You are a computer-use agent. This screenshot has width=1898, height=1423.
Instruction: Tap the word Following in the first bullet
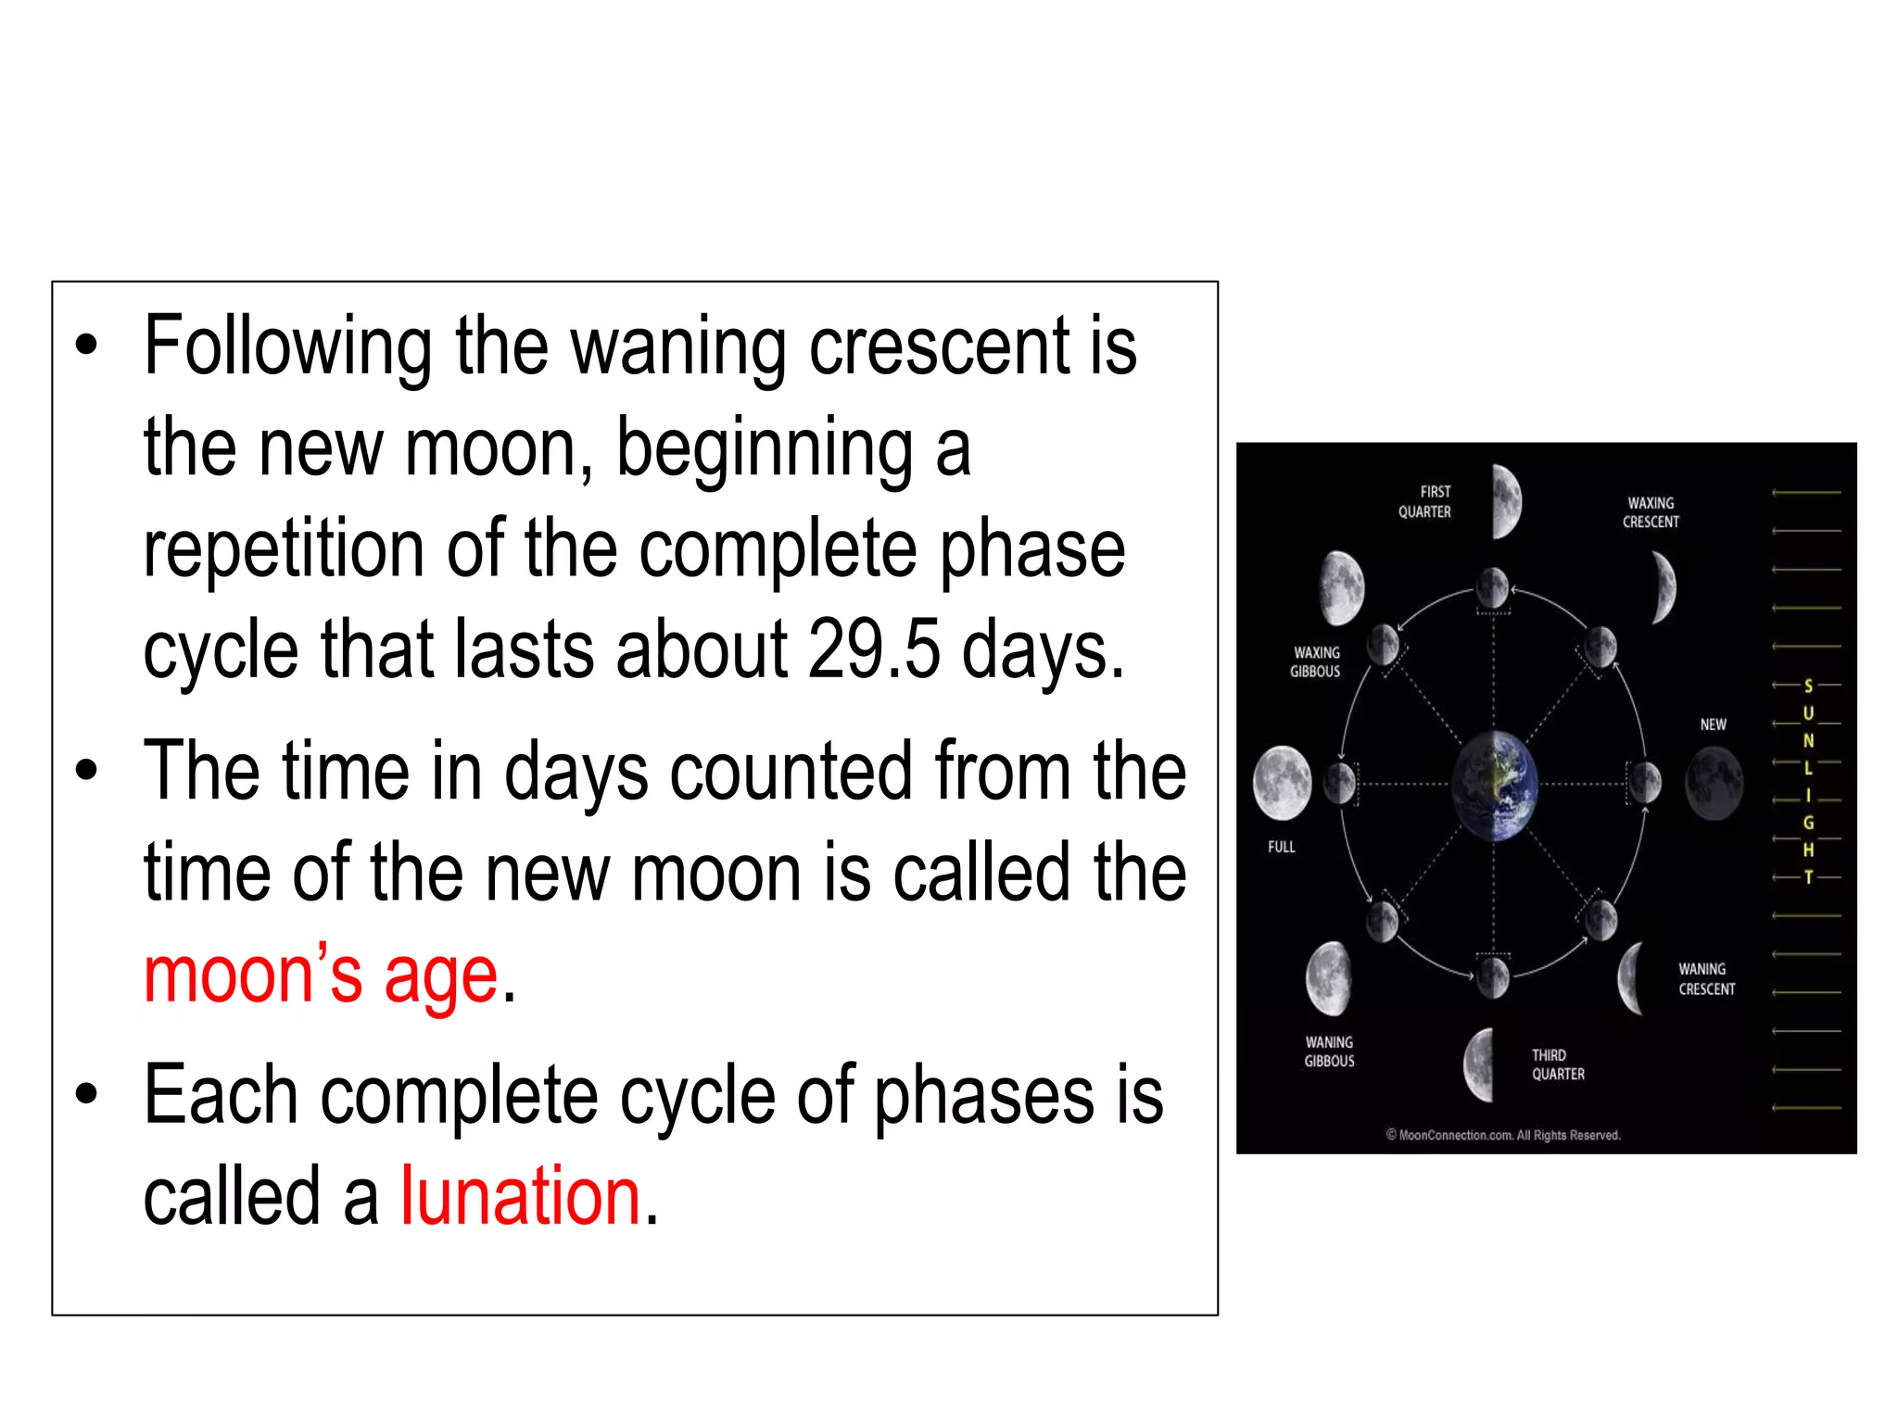point(287,348)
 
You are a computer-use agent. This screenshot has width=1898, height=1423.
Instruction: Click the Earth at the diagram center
point(1494,786)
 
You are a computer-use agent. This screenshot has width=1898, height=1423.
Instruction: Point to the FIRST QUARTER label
point(1425,501)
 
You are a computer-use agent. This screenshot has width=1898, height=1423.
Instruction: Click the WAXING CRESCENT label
point(1651,512)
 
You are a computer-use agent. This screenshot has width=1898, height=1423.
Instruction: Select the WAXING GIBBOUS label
point(1316,661)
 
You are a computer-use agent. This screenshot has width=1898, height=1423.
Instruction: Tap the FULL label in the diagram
point(1282,847)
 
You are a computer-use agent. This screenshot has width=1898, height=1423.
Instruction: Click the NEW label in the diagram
point(1713,724)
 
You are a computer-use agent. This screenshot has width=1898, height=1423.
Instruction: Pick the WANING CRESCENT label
point(1706,979)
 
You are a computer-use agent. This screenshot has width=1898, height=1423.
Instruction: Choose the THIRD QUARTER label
point(1558,1064)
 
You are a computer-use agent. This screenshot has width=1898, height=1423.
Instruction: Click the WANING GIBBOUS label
point(1329,1052)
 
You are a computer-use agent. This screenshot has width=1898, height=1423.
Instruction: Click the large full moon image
point(1282,784)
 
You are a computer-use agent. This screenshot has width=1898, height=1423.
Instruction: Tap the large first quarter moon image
point(1507,501)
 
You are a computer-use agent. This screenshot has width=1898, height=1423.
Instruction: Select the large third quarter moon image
point(1480,1064)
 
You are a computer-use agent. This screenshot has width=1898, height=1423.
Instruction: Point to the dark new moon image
point(1714,784)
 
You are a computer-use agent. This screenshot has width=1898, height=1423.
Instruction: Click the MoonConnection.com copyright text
point(1503,1135)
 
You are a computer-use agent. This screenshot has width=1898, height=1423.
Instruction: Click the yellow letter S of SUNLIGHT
point(1807,686)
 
